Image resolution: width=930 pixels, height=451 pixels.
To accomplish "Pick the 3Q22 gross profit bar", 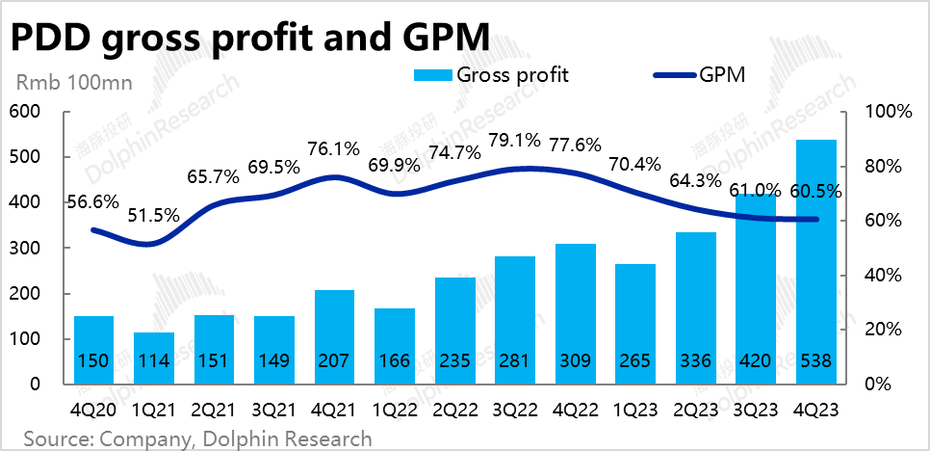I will (x=516, y=318).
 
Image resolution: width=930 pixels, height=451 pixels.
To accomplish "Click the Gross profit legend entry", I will (x=491, y=75).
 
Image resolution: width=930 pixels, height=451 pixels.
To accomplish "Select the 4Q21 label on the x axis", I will (x=335, y=410).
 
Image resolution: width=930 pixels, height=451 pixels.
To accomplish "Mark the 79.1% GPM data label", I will (x=515, y=142).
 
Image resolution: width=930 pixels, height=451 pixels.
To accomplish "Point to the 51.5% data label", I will (x=154, y=216).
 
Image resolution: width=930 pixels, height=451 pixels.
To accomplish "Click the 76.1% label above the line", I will (x=334, y=149).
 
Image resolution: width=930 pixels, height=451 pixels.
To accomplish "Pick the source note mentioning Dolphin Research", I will (x=197, y=438).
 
